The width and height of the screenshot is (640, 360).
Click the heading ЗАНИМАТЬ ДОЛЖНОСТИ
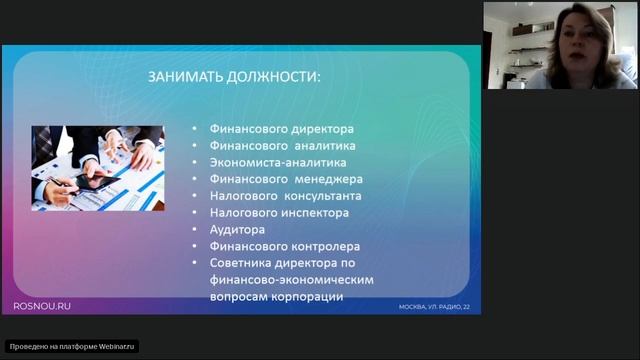click(235, 77)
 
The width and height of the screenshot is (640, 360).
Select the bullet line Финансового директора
click(283, 128)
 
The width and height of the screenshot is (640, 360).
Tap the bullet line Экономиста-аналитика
click(278, 161)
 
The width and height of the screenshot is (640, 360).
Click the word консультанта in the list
click(322, 195)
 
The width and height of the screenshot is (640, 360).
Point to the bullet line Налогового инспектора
click(279, 212)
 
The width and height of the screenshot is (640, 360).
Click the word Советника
click(242, 263)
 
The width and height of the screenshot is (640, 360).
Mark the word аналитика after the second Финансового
click(325, 145)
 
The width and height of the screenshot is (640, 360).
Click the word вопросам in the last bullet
click(239, 297)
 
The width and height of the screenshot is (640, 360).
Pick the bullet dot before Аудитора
click(194, 229)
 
